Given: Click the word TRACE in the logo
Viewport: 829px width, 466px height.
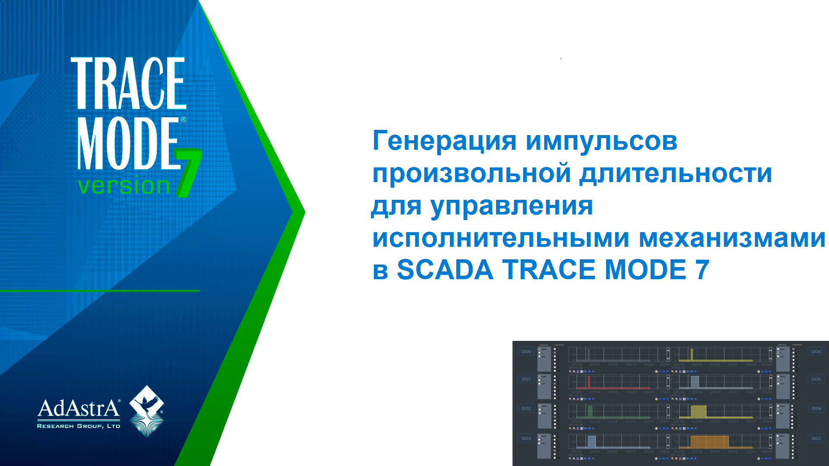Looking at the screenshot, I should (128, 83).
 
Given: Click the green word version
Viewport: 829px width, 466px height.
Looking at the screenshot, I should (124, 186).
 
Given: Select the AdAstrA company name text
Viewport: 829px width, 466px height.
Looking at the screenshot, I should (79, 408).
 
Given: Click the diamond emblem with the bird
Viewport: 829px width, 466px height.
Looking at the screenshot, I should (147, 410).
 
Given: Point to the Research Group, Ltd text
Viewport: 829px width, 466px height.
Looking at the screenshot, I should (79, 426).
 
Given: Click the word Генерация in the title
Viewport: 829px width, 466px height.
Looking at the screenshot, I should (444, 141).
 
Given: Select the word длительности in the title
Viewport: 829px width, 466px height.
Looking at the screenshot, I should (675, 173).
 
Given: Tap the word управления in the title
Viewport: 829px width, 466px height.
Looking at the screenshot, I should (512, 205).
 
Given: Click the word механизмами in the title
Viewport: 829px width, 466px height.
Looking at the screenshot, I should (731, 238).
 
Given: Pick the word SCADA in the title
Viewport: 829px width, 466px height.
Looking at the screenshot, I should (445, 270).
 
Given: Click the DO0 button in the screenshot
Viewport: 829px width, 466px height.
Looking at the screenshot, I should (526, 352).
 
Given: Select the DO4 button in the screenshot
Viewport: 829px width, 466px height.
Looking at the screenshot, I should (816, 352).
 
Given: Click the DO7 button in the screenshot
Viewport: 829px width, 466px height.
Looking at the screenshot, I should (816, 438).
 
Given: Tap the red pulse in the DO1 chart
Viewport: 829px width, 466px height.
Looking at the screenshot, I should (589, 382).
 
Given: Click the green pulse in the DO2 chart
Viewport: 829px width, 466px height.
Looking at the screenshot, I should (590, 412).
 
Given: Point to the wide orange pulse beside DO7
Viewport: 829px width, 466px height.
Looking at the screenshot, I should (709, 442).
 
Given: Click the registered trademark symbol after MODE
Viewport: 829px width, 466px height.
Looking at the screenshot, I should (183, 120).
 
